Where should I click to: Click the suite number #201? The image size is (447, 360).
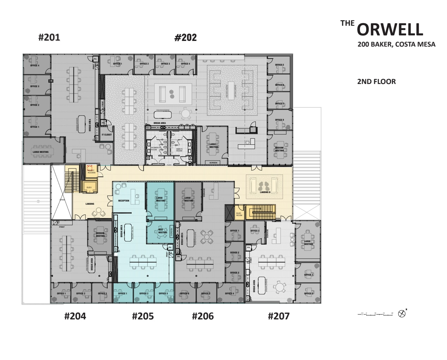pyautogui.click(x=49, y=37)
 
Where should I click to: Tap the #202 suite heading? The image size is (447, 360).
pyautogui.click(x=186, y=37)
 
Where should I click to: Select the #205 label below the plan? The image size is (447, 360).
pyautogui.click(x=143, y=316)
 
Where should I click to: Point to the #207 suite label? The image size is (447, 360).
pyautogui.click(x=279, y=316)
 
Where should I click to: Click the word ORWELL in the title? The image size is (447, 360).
pyautogui.click(x=390, y=30)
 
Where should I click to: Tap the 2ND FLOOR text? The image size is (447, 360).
pyautogui.click(x=376, y=82)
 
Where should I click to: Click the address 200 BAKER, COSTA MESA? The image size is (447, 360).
pyautogui.click(x=396, y=44)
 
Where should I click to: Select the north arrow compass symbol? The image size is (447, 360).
pyautogui.click(x=401, y=313)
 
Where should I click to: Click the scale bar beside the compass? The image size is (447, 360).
pyautogui.click(x=375, y=313)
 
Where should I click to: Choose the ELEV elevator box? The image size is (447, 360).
pyautogui.click(x=89, y=187)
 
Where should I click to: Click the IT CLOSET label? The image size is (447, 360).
pyautogui.click(x=107, y=135)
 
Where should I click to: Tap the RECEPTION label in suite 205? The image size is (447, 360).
pyautogui.click(x=123, y=201)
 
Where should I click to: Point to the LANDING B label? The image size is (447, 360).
pyautogui.click(x=265, y=192)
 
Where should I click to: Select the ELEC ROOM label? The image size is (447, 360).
pyautogui.click(x=239, y=214)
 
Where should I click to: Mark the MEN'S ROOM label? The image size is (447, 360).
pyautogui.click(x=179, y=150)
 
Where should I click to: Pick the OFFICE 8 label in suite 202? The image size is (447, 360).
pyautogui.click(x=279, y=120)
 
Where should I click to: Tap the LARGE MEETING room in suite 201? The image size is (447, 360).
pyautogui.click(x=41, y=152)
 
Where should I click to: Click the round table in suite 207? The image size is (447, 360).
pyautogui.click(x=280, y=287)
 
